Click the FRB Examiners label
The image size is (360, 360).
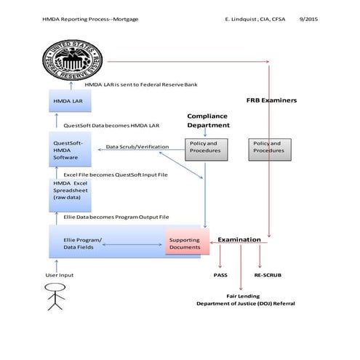pos(271,100)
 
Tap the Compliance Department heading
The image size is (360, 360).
pos(208,120)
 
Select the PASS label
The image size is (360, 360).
pos(220,276)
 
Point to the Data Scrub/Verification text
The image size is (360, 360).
pos(137,147)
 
